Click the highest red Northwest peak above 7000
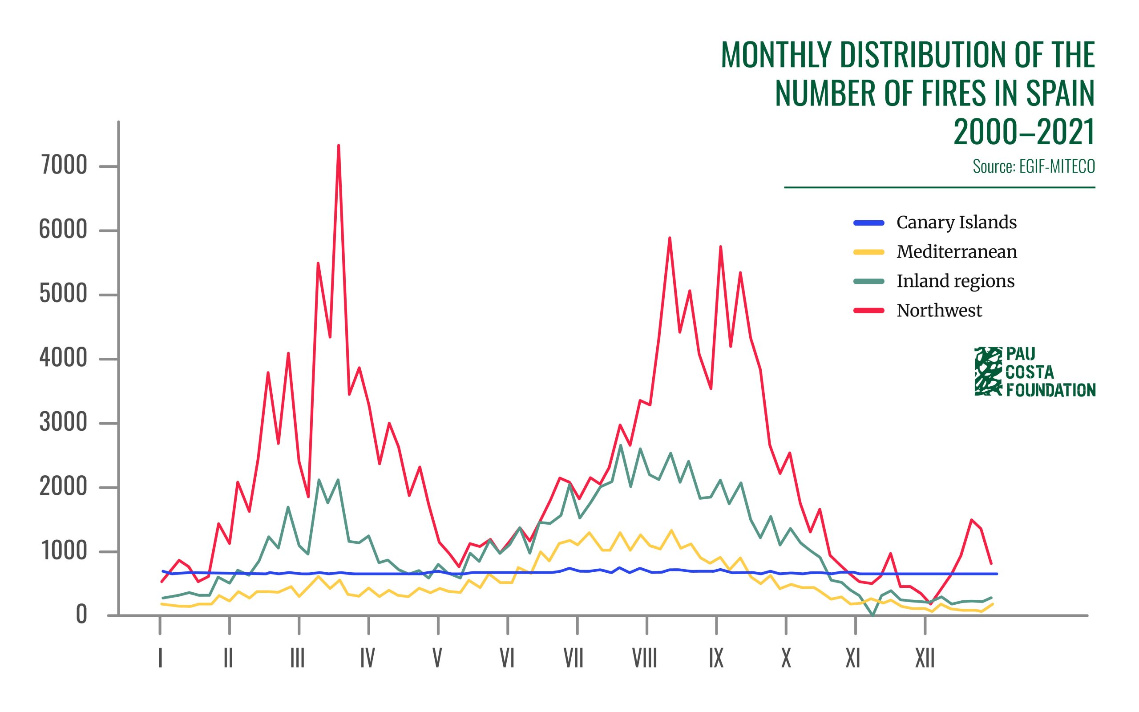(339, 146)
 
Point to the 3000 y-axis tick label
(64, 423)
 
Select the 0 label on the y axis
(81, 615)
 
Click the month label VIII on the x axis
(644, 658)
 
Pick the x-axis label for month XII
(925, 658)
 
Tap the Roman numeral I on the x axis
(161, 658)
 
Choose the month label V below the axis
(437, 658)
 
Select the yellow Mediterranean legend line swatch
(869, 252)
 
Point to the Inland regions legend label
(955, 281)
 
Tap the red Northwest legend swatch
(869, 311)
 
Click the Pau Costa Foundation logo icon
(988, 372)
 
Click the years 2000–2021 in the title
(1024, 132)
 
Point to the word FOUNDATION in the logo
(1050, 390)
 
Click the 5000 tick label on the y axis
(64, 294)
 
